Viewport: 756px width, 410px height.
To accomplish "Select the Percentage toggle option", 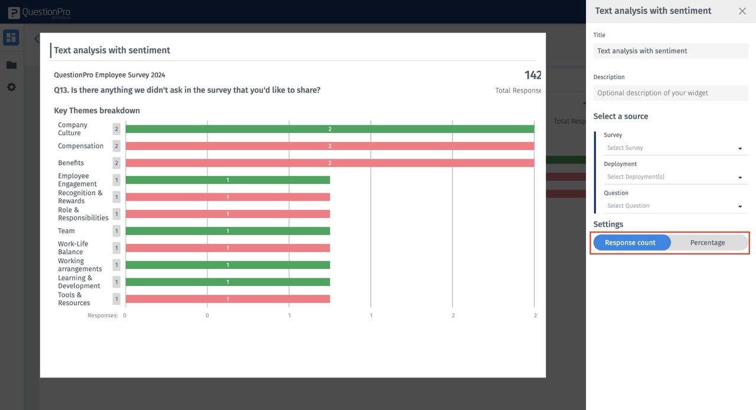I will (x=708, y=243).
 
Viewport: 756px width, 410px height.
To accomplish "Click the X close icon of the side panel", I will (x=742, y=11).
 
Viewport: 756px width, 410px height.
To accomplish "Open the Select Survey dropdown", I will (x=674, y=148).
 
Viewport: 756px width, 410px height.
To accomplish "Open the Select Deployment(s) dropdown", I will (x=674, y=177).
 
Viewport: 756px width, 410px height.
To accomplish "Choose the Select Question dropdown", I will (x=674, y=206).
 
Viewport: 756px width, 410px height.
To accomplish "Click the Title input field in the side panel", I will (x=670, y=51).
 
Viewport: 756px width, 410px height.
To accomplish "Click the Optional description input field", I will (x=670, y=93).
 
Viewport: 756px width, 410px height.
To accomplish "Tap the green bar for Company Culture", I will (x=330, y=129).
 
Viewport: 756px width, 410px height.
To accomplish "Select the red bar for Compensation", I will (x=330, y=146).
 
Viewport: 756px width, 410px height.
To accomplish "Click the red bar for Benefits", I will (x=330, y=163).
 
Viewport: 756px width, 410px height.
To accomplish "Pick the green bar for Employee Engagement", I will (x=227, y=180).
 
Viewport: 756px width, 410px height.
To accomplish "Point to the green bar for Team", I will (x=227, y=231).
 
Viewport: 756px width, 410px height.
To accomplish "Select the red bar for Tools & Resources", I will (x=227, y=299).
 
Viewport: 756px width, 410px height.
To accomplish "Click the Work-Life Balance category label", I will (x=73, y=248).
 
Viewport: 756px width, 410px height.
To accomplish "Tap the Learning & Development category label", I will (x=79, y=282).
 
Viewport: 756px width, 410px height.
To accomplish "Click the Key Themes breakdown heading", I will (x=97, y=110).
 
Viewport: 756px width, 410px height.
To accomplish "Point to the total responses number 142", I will (x=532, y=75).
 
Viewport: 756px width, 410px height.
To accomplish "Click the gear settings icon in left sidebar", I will (x=11, y=87).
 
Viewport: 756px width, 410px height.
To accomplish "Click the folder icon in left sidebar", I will (x=11, y=65).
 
